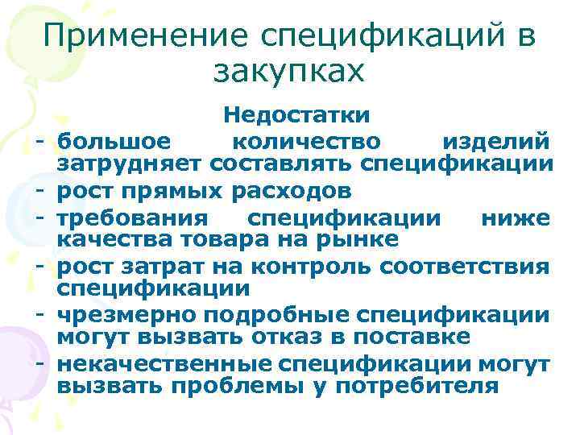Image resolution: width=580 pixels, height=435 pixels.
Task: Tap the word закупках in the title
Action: coord(290,72)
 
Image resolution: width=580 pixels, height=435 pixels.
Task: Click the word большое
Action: coord(114,143)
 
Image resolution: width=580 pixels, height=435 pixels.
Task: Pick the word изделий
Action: coord(497,143)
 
